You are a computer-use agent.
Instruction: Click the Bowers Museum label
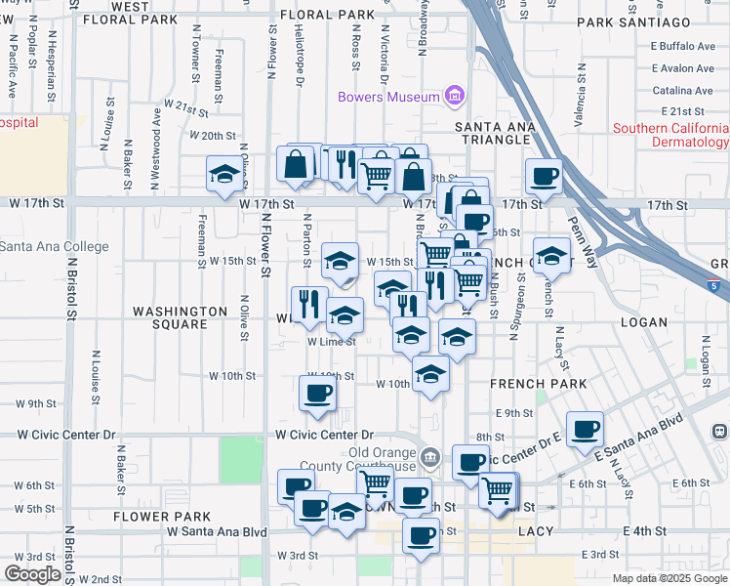[x=387, y=97]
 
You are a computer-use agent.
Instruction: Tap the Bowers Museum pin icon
[x=454, y=96]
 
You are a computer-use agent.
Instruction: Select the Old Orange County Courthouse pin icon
[x=430, y=456]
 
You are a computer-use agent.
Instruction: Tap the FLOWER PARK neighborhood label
[x=162, y=516]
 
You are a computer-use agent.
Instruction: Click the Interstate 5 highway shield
[x=717, y=285]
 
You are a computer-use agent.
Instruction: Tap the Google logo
[x=33, y=573]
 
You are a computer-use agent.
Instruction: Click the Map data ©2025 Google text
[x=669, y=578]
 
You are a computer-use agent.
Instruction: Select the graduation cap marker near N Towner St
[x=224, y=175]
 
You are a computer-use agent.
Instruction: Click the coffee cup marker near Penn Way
[x=544, y=176]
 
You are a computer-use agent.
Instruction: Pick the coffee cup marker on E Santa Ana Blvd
[x=585, y=429]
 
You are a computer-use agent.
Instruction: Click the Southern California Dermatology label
[x=670, y=136]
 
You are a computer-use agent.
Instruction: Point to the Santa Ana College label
[x=54, y=247]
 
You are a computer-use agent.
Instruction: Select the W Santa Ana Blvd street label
[x=217, y=532]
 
